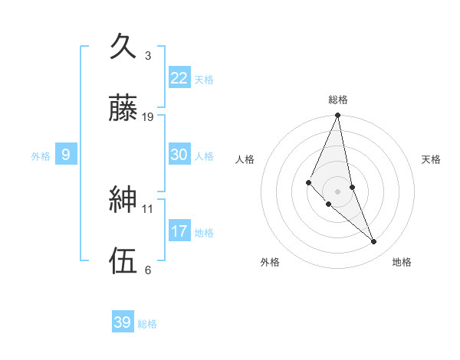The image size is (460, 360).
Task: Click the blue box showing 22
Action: click(x=179, y=77)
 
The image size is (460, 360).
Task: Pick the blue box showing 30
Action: click(x=179, y=154)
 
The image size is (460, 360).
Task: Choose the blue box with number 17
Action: click(x=179, y=231)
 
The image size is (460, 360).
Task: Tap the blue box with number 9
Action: click(x=66, y=155)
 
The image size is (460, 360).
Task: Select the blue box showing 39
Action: click(x=122, y=322)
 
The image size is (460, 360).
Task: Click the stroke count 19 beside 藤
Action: click(x=148, y=117)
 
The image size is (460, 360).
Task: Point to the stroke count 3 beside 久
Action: click(x=148, y=56)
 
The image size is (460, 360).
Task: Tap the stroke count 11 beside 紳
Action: click(x=148, y=208)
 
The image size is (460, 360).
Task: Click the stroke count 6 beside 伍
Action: click(x=148, y=270)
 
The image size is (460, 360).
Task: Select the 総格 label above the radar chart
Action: click(x=338, y=100)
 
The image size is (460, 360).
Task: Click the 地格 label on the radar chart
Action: click(x=402, y=262)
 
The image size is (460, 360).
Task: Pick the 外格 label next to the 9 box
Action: click(x=41, y=156)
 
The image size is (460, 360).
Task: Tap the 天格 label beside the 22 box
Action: click(x=204, y=80)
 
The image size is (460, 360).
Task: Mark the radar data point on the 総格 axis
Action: click(x=338, y=116)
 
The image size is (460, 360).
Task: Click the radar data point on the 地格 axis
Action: click(x=374, y=241)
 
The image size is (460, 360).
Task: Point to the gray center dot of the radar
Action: click(x=338, y=191)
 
